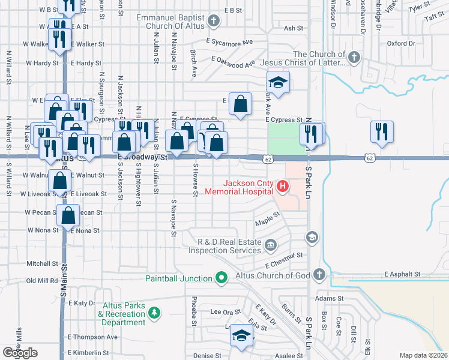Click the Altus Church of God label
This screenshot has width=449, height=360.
coord(281,275)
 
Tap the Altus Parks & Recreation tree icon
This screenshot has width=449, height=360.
coord(155,313)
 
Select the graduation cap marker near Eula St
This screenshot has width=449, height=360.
coord(241,337)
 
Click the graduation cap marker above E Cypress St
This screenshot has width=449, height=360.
coord(278,82)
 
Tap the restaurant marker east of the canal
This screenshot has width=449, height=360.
coord(382,132)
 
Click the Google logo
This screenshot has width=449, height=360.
coord(20,353)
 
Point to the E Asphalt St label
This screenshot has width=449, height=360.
coord(402,274)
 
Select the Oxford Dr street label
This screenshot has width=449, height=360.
coord(401,43)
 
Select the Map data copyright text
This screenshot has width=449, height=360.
coord(424,355)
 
